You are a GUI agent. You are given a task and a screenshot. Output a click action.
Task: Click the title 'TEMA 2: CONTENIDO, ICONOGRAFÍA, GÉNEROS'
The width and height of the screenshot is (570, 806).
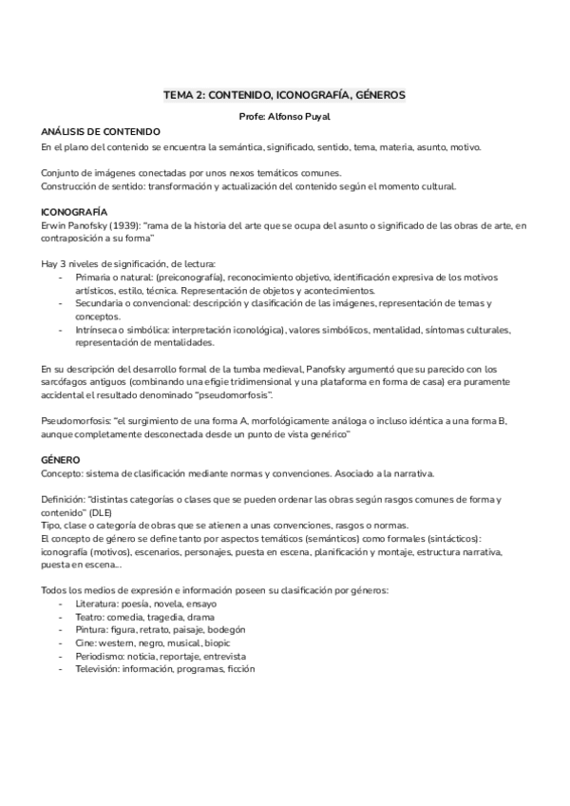click(x=285, y=95)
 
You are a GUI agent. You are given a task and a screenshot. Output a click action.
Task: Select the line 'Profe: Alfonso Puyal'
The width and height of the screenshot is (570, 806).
click(x=285, y=115)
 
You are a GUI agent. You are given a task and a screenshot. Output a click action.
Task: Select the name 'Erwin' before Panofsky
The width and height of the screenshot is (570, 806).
click(x=55, y=224)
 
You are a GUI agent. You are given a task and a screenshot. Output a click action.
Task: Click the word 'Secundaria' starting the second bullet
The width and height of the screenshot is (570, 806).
click(x=100, y=303)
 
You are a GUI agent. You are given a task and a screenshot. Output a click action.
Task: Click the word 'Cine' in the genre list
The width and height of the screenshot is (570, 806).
click(x=85, y=643)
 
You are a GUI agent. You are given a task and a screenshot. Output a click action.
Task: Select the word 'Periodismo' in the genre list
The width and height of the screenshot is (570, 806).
click(x=100, y=656)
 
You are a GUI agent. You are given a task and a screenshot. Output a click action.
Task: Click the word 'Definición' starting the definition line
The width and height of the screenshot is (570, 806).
click(x=65, y=499)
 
